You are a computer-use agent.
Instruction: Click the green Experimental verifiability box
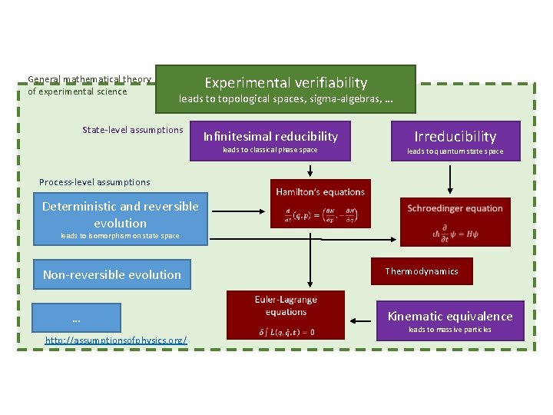(285, 89)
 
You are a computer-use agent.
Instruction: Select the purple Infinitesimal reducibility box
(270, 140)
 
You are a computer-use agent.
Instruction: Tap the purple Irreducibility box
(455, 141)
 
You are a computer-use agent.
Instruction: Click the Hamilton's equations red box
(320, 204)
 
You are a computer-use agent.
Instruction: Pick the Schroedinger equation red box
(455, 222)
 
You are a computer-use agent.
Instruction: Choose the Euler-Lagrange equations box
(285, 314)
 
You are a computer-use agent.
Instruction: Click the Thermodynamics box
(421, 271)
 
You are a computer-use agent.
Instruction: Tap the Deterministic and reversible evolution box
(121, 218)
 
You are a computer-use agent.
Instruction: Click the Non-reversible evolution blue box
(112, 274)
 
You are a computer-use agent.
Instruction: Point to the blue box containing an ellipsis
(77, 317)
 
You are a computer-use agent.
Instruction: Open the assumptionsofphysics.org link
(116, 340)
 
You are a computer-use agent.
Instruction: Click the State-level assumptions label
(133, 130)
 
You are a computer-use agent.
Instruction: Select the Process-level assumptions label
(94, 182)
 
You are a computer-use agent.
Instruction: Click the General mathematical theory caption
(89, 85)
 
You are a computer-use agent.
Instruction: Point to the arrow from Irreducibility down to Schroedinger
(450, 178)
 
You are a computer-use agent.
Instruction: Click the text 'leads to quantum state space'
(455, 151)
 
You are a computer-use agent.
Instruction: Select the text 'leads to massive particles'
(450, 330)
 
